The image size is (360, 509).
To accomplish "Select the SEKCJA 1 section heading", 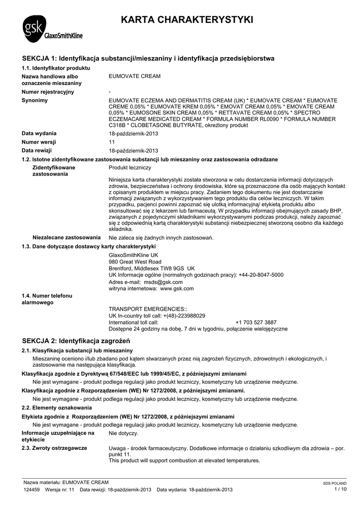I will click(x=149, y=59).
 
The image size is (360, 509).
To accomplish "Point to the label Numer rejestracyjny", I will click(x=48, y=92).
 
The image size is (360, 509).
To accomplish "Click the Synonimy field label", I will click(x=35, y=100).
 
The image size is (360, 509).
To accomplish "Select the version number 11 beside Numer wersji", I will click(x=112, y=142).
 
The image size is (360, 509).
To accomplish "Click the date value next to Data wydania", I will click(x=133, y=134).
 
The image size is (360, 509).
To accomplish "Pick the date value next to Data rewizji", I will click(x=133, y=151).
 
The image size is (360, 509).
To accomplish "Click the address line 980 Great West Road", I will click(x=135, y=261).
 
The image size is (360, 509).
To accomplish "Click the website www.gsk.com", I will click(x=177, y=288).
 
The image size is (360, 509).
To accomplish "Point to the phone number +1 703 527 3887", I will click(x=256, y=322).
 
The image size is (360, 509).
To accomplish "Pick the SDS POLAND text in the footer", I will click(x=335, y=483).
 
